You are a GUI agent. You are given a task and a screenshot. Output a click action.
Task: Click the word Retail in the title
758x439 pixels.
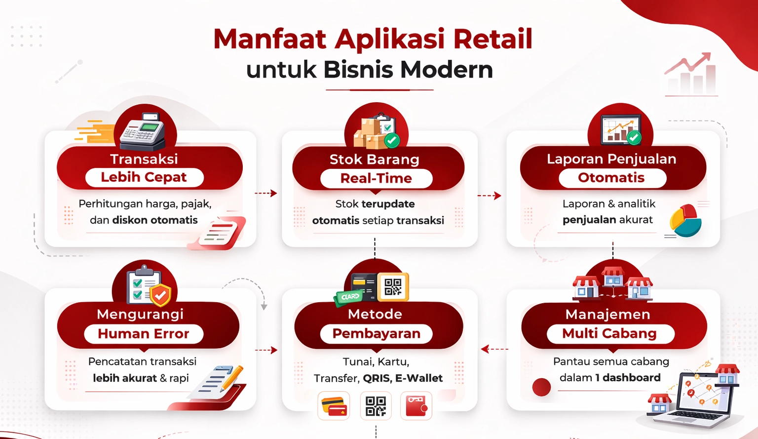(493, 39)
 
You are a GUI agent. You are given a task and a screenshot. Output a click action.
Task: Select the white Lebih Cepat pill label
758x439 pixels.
(144, 177)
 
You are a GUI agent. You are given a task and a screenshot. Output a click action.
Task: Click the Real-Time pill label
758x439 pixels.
(376, 178)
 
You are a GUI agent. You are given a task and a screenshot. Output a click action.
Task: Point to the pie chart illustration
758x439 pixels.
(686, 221)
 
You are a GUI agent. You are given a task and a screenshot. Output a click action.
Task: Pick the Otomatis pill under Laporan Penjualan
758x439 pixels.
(611, 178)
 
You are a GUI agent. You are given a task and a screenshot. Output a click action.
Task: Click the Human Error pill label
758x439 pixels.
(144, 334)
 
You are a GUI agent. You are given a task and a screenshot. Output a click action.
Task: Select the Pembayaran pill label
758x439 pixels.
(376, 334)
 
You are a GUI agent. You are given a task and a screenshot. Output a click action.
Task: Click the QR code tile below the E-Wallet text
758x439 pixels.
(376, 406)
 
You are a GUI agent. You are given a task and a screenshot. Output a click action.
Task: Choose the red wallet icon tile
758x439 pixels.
(416, 406)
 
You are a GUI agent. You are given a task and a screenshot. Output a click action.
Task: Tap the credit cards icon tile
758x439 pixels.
(334, 406)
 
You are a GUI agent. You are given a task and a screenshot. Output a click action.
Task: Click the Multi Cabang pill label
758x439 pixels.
(609, 334)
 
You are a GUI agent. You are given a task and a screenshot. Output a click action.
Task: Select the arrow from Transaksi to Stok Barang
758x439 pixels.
(266, 193)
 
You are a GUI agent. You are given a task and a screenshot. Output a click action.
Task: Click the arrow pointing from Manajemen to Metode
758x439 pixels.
(493, 349)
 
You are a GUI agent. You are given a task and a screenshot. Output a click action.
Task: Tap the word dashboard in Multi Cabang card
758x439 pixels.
(631, 378)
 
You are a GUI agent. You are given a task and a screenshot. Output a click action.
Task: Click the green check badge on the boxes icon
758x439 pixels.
(392, 140)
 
